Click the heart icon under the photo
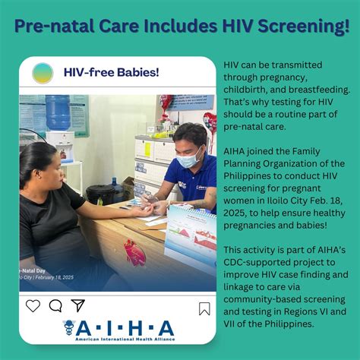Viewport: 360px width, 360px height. tap(33, 306)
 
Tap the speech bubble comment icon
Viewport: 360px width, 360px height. tap(55, 306)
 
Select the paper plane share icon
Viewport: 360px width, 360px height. tap(77, 306)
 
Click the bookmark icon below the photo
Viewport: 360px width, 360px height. tap(204, 308)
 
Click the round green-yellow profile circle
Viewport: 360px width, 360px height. tap(43, 73)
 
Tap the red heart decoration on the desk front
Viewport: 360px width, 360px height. tap(135, 252)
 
